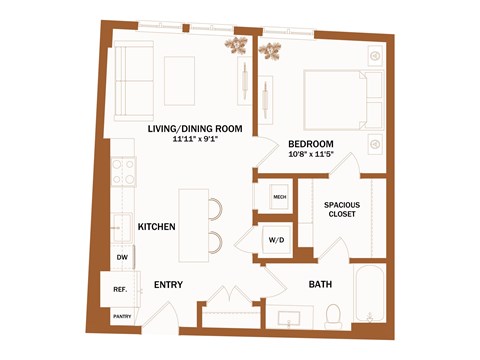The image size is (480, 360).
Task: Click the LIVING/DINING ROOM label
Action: (x=196, y=129)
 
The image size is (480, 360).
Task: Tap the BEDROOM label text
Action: (x=310, y=144)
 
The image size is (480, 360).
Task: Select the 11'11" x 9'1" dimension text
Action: (x=196, y=140)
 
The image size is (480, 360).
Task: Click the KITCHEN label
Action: (x=157, y=227)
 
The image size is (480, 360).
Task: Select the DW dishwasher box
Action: (x=122, y=258)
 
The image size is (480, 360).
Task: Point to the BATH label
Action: (x=320, y=286)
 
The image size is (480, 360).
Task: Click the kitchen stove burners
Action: (x=123, y=173)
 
